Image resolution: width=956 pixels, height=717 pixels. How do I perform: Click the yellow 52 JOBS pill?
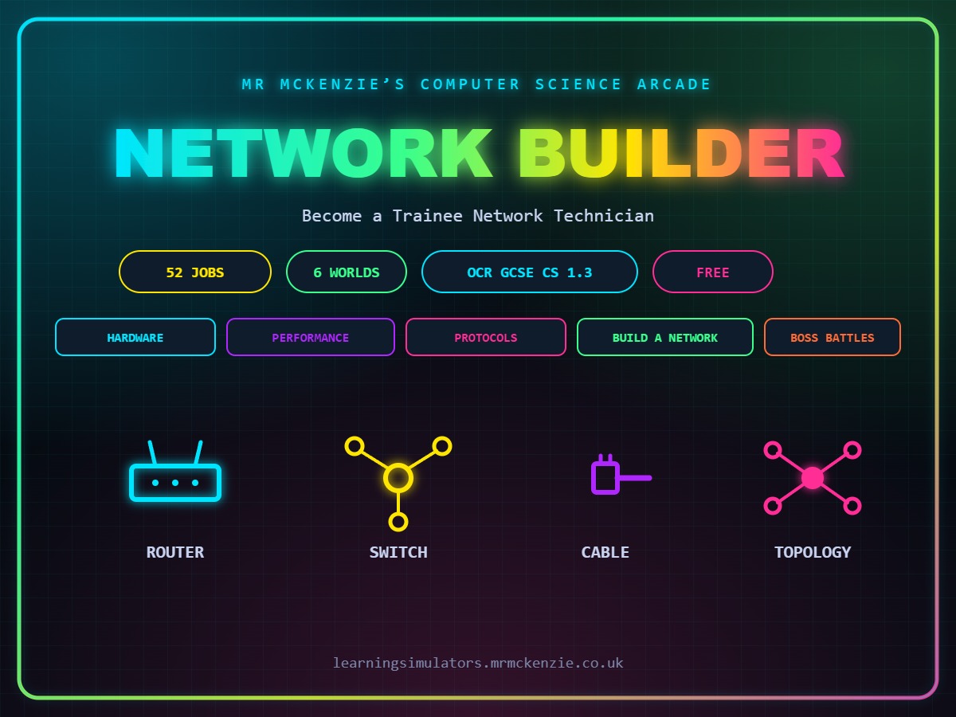coord(195,272)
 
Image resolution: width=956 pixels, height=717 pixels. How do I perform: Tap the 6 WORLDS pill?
coord(347,272)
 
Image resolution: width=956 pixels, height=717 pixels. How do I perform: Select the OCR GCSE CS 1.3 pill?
coord(530,272)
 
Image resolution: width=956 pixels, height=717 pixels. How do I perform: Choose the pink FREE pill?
coord(712,272)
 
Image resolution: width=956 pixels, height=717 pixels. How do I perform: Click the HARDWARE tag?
coord(135,337)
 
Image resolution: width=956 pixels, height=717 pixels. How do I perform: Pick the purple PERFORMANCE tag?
coord(311,337)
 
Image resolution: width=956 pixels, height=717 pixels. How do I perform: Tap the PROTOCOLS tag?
coord(486,337)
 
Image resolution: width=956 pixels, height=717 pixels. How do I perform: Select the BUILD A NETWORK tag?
coord(664,337)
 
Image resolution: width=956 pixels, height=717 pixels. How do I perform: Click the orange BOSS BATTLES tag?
coord(833,337)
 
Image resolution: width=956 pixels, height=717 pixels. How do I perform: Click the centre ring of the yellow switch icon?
coord(398,478)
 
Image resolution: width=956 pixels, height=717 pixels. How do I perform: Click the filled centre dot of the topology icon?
coord(813,478)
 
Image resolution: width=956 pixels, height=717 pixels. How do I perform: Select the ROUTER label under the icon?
coord(175,552)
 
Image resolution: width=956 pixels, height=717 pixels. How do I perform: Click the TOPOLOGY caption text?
coord(813,552)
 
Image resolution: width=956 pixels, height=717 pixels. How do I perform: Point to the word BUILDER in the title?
coord(682,153)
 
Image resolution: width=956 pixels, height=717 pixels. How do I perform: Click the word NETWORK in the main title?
coord(304,153)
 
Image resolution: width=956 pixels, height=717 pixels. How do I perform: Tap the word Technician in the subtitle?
coord(604,216)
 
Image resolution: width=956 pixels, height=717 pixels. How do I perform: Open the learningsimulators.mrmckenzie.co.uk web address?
coord(478,663)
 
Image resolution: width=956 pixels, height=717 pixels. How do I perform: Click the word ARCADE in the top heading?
coord(674,84)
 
